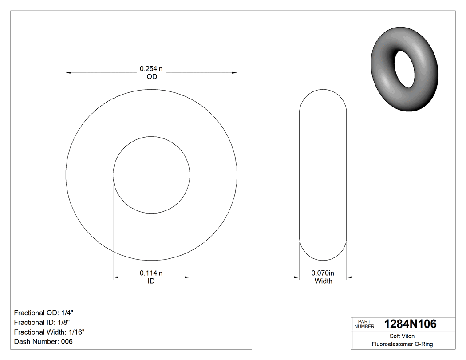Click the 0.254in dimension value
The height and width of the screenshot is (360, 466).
[151, 69]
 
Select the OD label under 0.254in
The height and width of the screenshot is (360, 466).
[152, 76]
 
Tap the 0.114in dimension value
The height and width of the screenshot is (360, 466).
[151, 273]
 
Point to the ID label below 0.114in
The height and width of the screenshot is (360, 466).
[151, 281]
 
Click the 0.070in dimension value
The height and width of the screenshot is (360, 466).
[323, 273]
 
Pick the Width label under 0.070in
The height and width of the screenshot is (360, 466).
[323, 281]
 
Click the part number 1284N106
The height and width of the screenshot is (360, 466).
[410, 324]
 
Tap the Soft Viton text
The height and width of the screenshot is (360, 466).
[402, 336]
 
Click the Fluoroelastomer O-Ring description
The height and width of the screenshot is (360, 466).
[402, 344]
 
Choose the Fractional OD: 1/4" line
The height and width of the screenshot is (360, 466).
[44, 313]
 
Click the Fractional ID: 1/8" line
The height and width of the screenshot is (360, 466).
[42, 322]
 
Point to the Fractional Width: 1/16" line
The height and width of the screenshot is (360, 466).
[49, 332]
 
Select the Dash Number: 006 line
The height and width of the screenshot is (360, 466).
[43, 341]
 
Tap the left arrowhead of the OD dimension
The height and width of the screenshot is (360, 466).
[68, 72]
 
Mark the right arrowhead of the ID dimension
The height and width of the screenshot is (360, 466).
[187, 277]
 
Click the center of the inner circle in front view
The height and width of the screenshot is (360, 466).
[151, 175]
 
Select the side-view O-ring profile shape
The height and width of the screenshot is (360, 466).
[323, 175]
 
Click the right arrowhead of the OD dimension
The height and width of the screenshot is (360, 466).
[234, 72]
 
